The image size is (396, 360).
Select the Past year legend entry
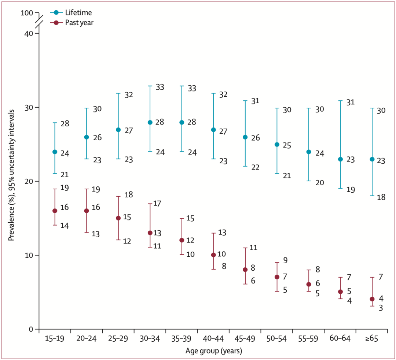coord(72,23)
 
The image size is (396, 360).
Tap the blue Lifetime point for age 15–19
coord(55,152)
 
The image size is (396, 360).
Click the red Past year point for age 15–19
coord(55,211)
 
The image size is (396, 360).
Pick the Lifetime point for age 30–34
coord(150,122)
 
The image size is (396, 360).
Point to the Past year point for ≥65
coord(372,299)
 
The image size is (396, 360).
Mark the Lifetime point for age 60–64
coord(340,159)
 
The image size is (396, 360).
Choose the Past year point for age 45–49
coord(245,270)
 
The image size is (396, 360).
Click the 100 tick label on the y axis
coord(27,13)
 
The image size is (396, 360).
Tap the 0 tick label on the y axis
coord(31,329)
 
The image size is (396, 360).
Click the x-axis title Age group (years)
coord(213,351)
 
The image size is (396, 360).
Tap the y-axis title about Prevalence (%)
coord(12,175)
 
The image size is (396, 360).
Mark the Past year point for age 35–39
coord(181,240)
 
